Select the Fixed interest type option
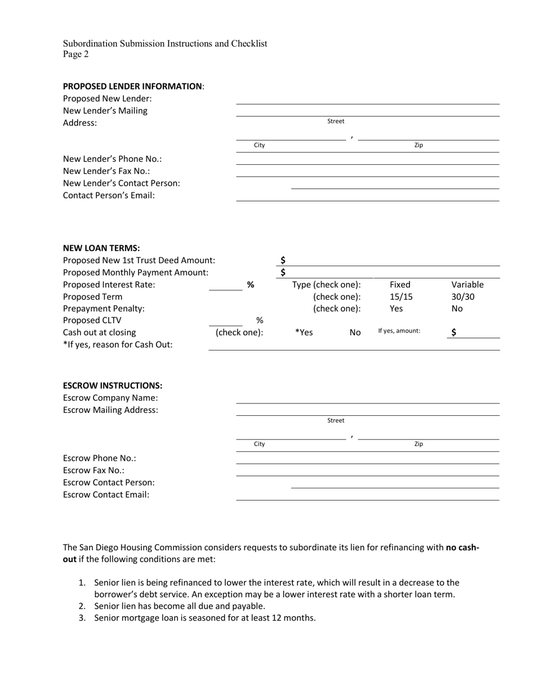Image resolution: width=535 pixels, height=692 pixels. (x=400, y=285)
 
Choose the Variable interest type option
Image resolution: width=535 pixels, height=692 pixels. (x=467, y=285)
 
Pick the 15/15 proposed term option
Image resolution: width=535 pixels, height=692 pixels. (x=400, y=297)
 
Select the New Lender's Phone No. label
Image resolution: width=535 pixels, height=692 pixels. (x=112, y=159)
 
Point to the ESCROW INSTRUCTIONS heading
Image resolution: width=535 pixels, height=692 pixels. (x=113, y=386)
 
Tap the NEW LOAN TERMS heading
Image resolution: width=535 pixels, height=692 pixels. (x=101, y=248)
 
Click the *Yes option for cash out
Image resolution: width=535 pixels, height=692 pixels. (x=304, y=332)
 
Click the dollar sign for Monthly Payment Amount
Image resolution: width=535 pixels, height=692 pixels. (x=283, y=273)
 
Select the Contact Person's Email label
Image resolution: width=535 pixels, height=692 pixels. (x=109, y=196)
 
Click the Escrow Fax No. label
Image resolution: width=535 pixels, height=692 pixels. (x=93, y=471)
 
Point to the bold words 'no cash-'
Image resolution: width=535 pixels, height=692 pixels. (x=462, y=547)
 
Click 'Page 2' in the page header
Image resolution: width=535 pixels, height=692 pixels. (x=75, y=55)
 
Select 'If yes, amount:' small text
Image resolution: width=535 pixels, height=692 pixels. (x=399, y=331)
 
